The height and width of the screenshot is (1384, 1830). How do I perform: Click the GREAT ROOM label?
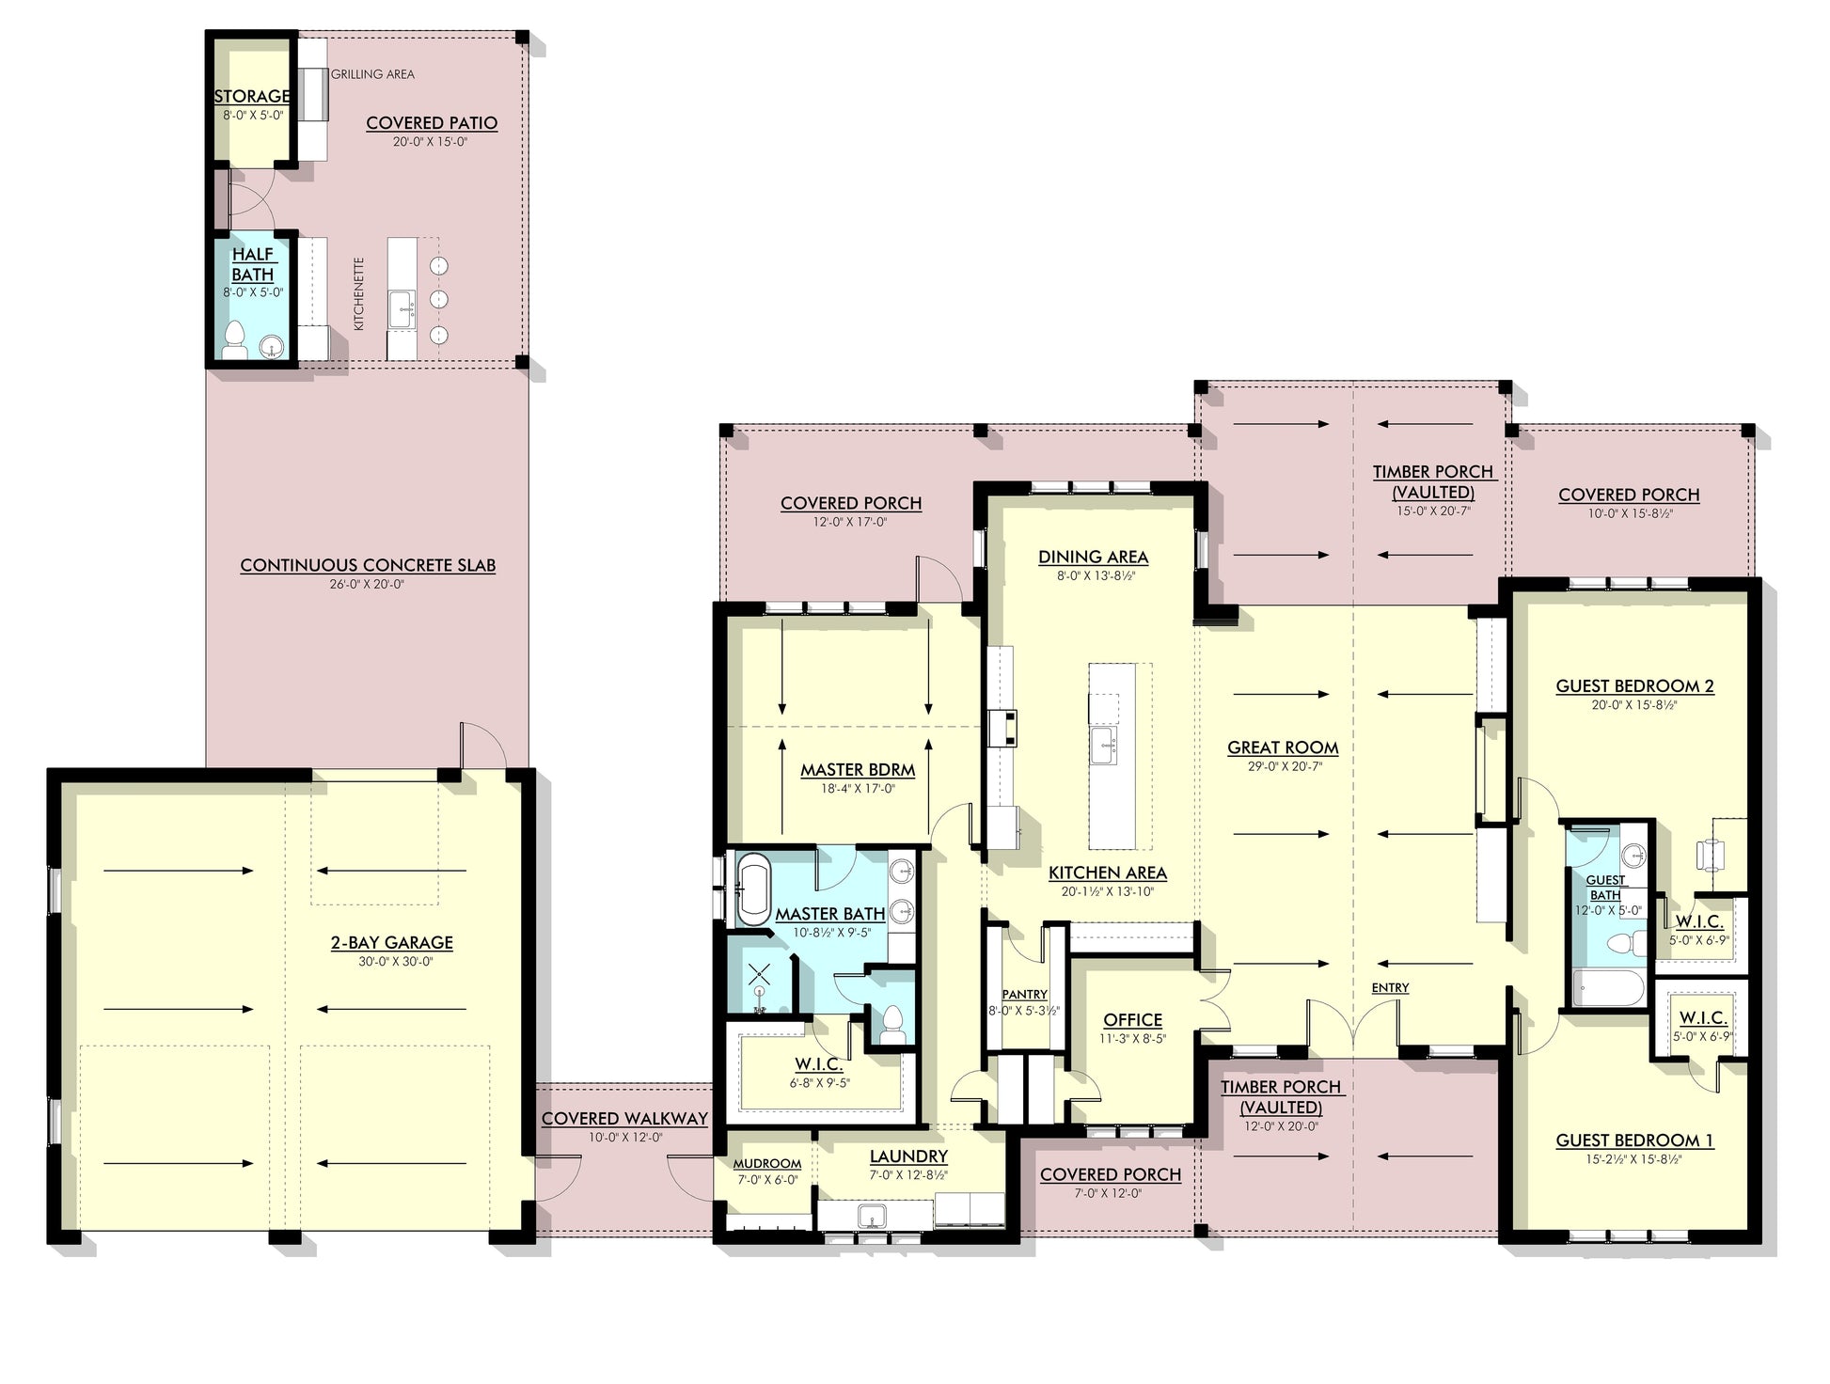1283,748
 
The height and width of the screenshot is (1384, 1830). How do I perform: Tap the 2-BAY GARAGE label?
391,943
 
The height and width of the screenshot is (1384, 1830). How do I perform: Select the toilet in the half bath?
233,341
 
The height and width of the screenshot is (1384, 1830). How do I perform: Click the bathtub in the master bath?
753,889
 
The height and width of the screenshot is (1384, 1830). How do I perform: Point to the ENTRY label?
1390,987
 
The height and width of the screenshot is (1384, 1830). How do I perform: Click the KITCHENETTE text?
358,293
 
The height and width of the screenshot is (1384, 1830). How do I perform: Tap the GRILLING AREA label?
372,74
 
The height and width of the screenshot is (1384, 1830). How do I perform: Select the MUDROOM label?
766,1164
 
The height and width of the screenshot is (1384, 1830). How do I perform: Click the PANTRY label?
1024,995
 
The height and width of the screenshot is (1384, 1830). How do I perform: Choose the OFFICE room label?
1132,1020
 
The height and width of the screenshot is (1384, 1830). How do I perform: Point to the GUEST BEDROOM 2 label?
1634,686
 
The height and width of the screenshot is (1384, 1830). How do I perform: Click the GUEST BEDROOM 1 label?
1634,1140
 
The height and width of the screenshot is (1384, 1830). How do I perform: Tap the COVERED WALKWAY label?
624,1119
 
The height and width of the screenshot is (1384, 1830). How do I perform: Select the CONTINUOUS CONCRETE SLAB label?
368,566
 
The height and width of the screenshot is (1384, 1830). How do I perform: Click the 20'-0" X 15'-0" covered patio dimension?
431,142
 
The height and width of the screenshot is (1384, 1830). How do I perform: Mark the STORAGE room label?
252,96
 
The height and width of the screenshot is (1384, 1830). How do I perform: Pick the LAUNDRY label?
908,1157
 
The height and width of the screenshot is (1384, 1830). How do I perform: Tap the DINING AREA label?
1093,558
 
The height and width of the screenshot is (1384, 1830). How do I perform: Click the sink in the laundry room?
872,1216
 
